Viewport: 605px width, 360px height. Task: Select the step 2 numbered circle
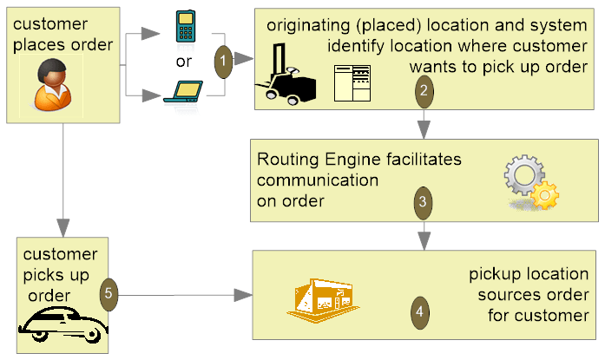(423, 88)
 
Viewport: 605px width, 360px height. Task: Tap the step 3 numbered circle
(422, 201)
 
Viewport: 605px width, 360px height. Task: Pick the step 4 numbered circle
(420, 310)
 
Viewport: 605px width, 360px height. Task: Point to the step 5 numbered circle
(109, 293)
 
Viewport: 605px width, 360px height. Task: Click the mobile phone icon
(183, 27)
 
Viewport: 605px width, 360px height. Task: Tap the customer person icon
(46, 85)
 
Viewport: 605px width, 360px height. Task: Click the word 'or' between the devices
(183, 61)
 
